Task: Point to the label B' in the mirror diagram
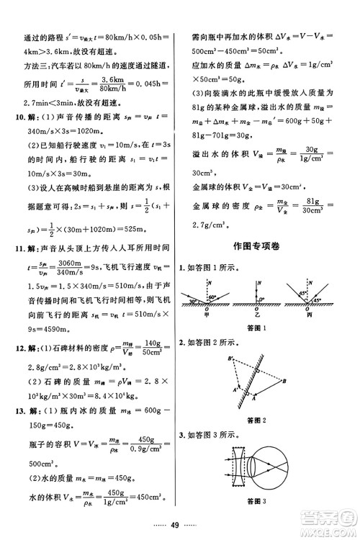(230, 358)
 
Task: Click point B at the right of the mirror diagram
(286, 381)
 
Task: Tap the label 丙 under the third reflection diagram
(311, 313)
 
